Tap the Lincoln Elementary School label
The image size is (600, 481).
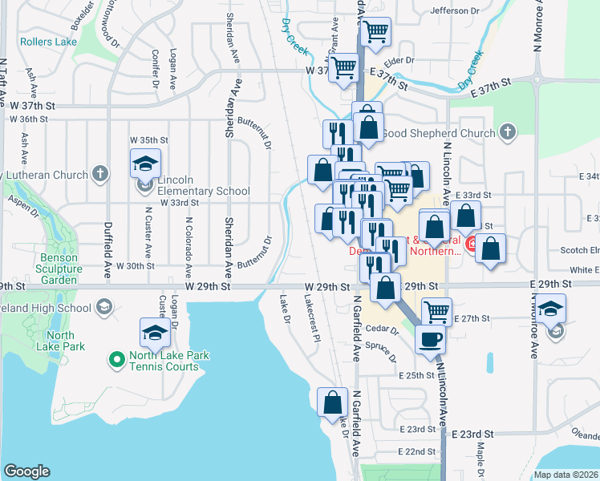tap(204, 186)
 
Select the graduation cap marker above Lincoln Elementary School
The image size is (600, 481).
tap(146, 164)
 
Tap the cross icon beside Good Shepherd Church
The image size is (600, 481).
tap(507, 132)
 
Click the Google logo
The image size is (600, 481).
tap(26, 471)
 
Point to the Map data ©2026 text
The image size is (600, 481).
tap(566, 475)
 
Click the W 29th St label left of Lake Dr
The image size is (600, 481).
tap(212, 286)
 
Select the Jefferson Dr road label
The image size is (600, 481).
tap(454, 10)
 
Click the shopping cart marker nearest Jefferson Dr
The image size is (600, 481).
tap(375, 32)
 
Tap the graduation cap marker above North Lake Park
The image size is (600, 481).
tap(156, 332)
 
